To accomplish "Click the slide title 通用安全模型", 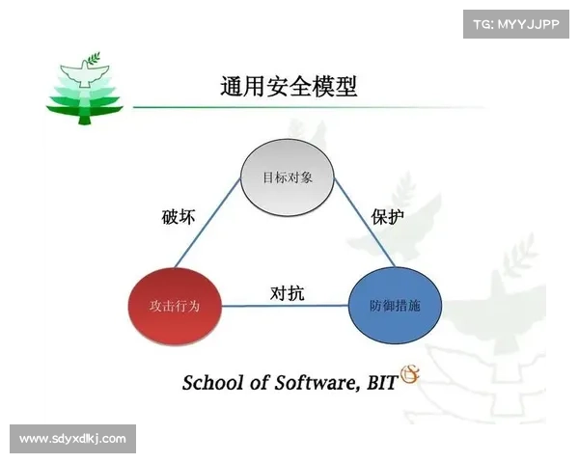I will [289, 87].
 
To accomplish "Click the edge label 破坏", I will [179, 217].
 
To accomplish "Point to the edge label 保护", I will [387, 216].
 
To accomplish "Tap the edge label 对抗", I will [287, 293].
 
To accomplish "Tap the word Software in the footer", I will [310, 382].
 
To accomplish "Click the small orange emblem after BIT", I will [408, 374].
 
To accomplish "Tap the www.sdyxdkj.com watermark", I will [73, 439].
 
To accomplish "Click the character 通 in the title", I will [232, 87].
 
